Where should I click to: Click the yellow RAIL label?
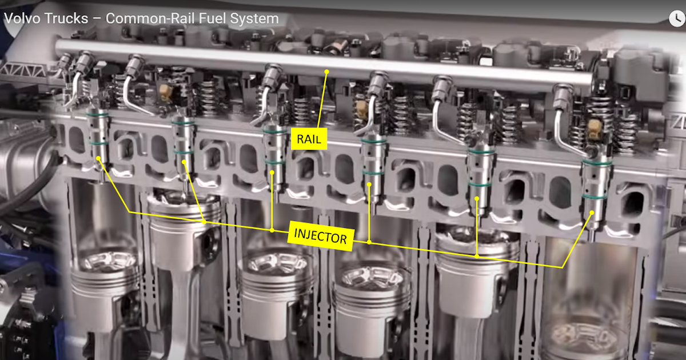click(x=309, y=139)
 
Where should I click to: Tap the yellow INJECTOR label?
click(x=321, y=236)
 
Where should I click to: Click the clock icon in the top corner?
click(x=677, y=19)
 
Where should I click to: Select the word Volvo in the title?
click(x=22, y=18)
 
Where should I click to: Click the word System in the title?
click(x=254, y=19)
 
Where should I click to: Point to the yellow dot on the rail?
click(x=327, y=71)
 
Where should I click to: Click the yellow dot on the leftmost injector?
click(x=98, y=158)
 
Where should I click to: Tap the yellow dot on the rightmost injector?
click(x=592, y=213)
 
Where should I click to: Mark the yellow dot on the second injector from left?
click(x=184, y=162)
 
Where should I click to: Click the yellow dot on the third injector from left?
click(x=272, y=173)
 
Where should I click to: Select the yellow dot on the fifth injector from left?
click(x=477, y=199)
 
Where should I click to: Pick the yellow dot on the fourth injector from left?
click(x=369, y=184)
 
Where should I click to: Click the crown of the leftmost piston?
click(x=109, y=262)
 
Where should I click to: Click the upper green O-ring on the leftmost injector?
click(x=97, y=115)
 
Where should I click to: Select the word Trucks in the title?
click(x=66, y=18)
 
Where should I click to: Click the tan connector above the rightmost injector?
click(x=595, y=129)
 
